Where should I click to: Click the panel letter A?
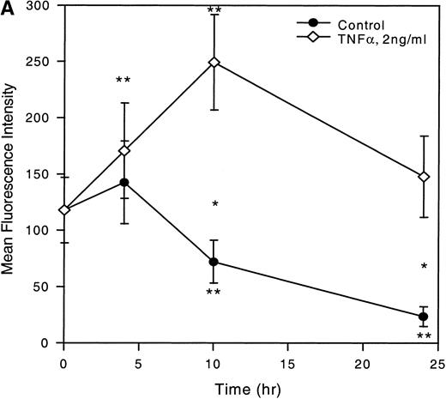point(8,8)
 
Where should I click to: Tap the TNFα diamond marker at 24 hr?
point(423,177)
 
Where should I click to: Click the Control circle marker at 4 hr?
point(124,182)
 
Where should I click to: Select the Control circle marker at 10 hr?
point(214,262)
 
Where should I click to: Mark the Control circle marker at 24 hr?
point(423,317)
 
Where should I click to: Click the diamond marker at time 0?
point(64,210)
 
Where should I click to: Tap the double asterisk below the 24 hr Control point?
point(423,337)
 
